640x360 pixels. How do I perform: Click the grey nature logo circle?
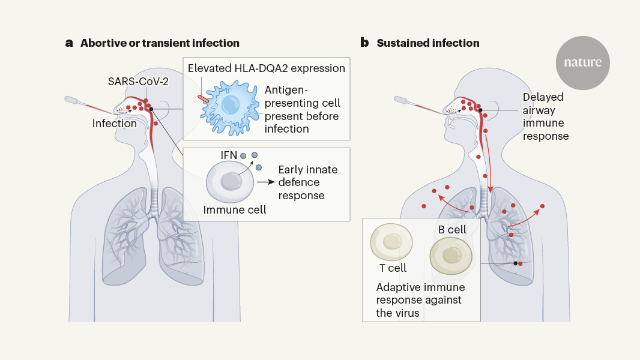point(582,62)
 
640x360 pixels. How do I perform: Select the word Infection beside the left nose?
point(114,124)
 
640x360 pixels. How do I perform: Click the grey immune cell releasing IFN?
point(229,183)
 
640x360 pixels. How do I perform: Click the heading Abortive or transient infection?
point(160,43)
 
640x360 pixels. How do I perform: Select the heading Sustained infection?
point(428,43)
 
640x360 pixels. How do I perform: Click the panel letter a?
point(70,43)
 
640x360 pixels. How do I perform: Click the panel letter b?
point(364,43)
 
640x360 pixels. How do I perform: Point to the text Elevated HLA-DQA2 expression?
point(267,68)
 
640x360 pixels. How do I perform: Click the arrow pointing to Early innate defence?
point(264,180)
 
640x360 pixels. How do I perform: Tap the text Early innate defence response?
point(307,182)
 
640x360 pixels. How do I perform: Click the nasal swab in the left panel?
point(90,106)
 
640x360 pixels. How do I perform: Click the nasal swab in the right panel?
point(419,106)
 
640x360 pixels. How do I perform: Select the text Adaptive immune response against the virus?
point(420,299)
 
